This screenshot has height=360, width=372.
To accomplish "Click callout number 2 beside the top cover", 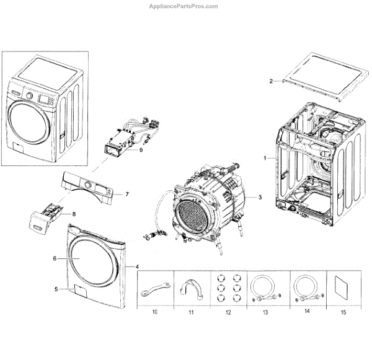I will tap(271, 82).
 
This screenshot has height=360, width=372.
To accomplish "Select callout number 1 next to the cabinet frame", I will tap(265, 159).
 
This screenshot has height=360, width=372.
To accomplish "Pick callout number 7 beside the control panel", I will tap(126, 194).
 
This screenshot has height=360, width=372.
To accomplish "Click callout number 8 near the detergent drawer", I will tap(74, 214).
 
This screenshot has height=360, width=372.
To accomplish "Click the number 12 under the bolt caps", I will tap(229, 313).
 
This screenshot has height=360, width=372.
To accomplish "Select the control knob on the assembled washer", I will tap(29, 95).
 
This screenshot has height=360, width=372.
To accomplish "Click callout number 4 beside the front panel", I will tap(137, 266).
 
